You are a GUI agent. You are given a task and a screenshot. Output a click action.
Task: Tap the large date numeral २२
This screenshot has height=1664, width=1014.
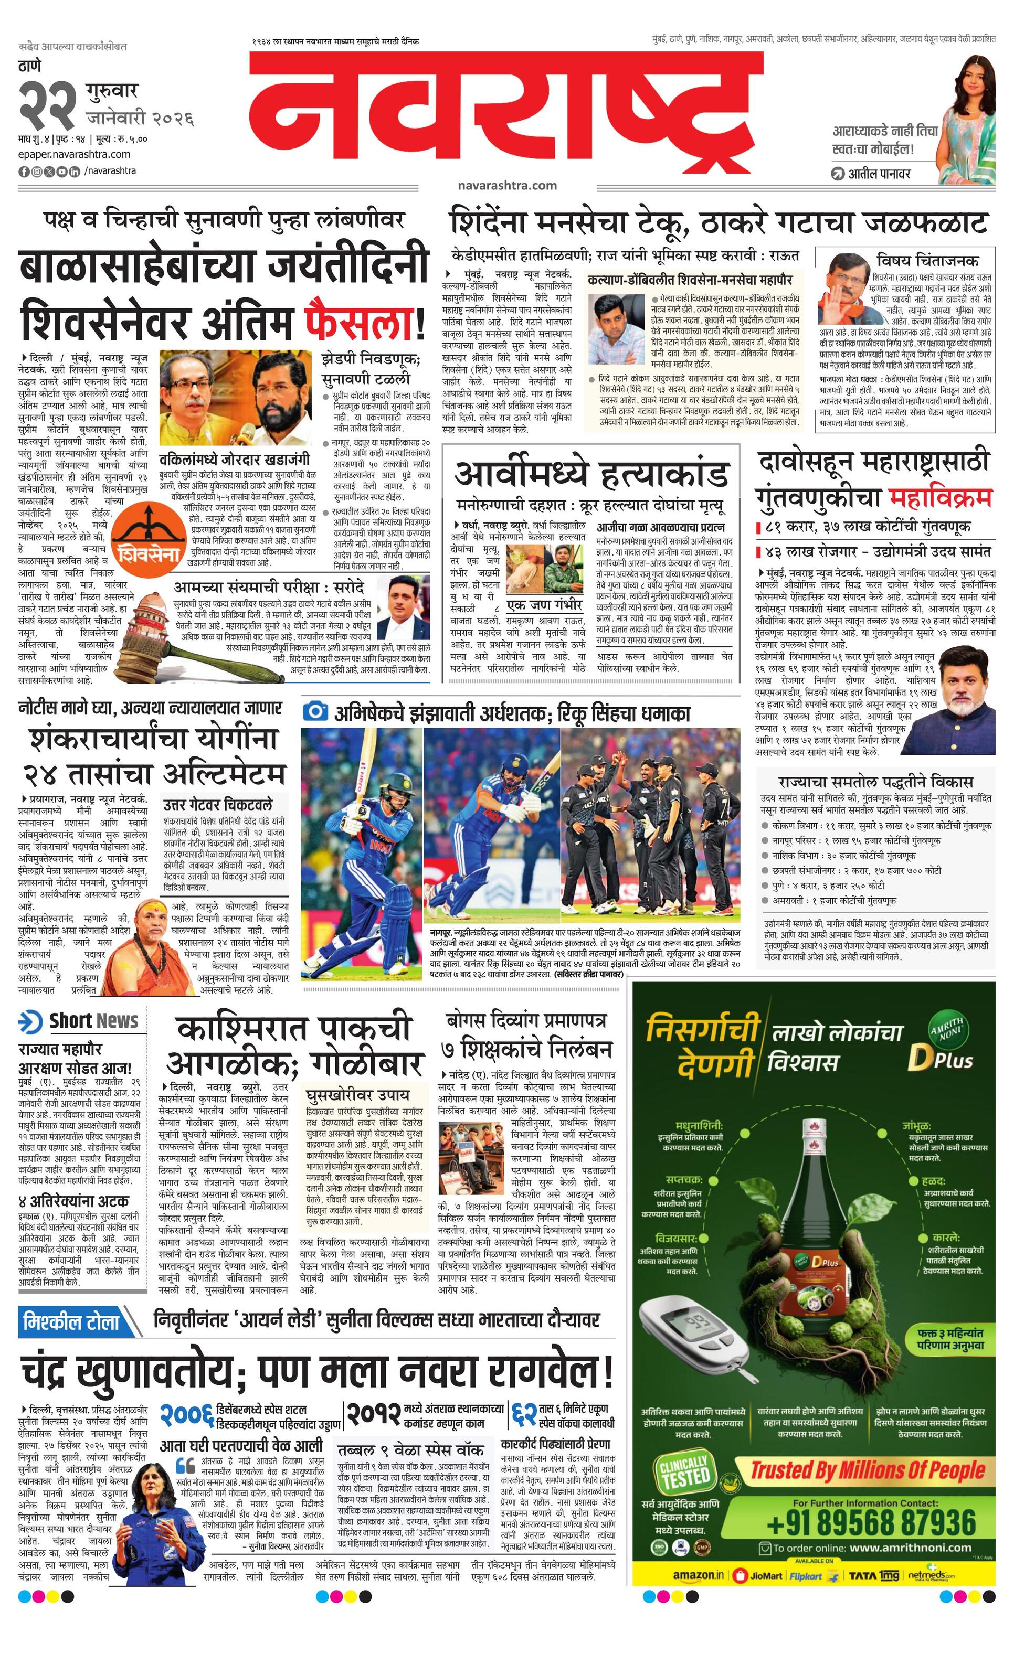(47, 103)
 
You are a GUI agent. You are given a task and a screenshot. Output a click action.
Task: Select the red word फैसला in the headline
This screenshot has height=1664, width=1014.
(362, 322)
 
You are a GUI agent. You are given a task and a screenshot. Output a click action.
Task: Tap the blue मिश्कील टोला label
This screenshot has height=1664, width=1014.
(71, 1321)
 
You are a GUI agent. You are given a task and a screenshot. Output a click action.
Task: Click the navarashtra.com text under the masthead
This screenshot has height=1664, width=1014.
(506, 184)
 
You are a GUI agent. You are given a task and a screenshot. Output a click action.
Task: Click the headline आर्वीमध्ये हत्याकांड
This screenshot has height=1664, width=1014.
(591, 474)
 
